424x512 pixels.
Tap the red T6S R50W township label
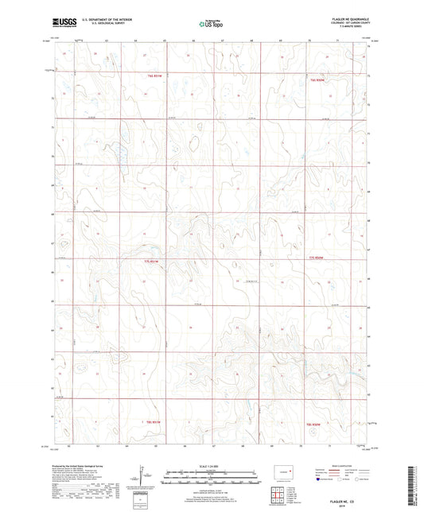318,80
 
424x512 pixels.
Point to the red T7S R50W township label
317,259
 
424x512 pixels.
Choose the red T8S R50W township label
317,425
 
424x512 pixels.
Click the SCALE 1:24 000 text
212,465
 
